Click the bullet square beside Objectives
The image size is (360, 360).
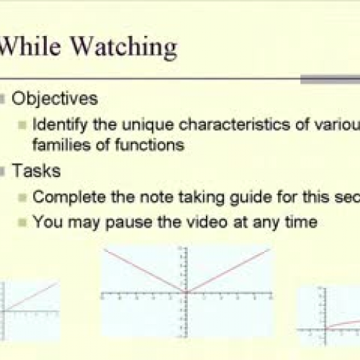click(6, 98)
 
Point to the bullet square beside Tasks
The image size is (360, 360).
click(6, 171)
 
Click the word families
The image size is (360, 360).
click(59, 144)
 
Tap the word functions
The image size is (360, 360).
click(152, 144)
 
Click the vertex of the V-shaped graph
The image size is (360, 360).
click(186, 292)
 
